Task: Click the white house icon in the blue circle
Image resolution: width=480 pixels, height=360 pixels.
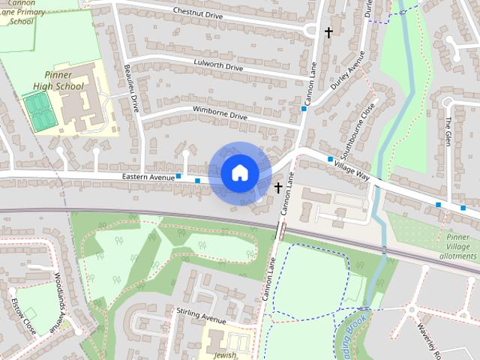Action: [x=239, y=173]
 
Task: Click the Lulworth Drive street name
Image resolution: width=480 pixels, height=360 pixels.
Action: [x=218, y=67]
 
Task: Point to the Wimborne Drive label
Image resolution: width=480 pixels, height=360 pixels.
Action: [x=220, y=116]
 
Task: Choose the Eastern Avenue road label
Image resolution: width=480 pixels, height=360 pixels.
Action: [x=147, y=177]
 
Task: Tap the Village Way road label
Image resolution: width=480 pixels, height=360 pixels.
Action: [x=352, y=169]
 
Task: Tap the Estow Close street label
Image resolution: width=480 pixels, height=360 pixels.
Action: [x=23, y=316]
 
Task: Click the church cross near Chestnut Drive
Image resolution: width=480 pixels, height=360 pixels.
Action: [x=328, y=32]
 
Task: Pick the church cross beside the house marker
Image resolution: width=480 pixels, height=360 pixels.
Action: [x=278, y=187]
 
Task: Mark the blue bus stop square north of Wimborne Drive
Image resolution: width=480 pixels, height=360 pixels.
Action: [x=304, y=109]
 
